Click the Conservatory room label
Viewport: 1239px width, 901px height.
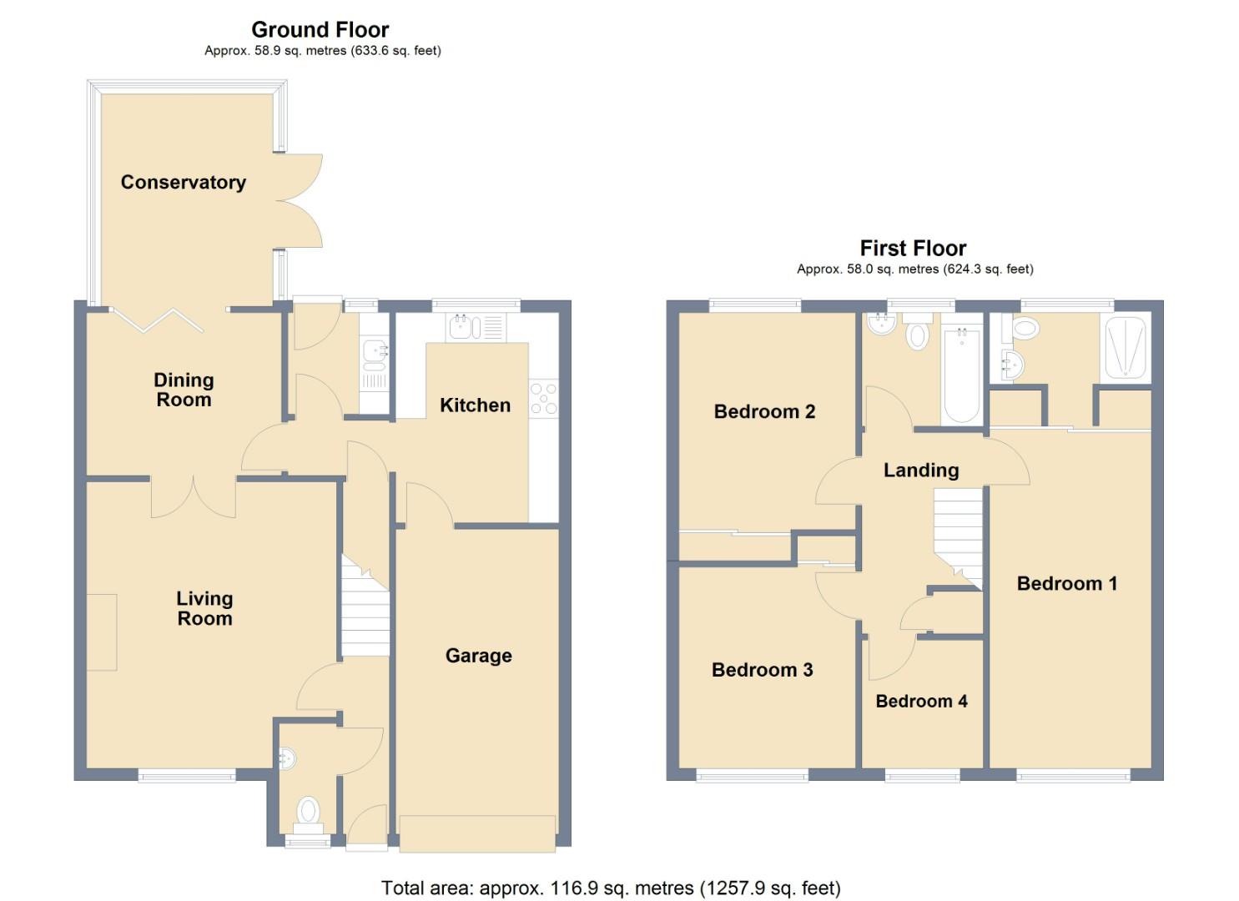click(183, 182)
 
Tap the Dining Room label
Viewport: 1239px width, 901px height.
click(184, 390)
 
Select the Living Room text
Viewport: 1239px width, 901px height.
click(204, 608)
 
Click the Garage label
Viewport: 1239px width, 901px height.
click(478, 656)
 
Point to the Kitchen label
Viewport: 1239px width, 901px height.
click(475, 405)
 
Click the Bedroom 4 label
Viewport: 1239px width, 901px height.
click(921, 702)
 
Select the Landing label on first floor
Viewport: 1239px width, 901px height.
click(921, 471)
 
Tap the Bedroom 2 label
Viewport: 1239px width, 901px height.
click(764, 411)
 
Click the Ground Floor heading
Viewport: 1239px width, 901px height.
click(320, 30)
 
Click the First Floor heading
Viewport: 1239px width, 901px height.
click(913, 249)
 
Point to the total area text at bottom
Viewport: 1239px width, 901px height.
click(611, 888)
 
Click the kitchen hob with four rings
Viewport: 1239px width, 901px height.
click(543, 398)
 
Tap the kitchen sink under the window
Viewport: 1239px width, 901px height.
click(476, 327)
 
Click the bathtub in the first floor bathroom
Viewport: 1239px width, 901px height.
click(961, 375)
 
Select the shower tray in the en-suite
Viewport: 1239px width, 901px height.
click(1125, 348)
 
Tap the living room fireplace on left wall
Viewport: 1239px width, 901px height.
click(102, 632)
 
